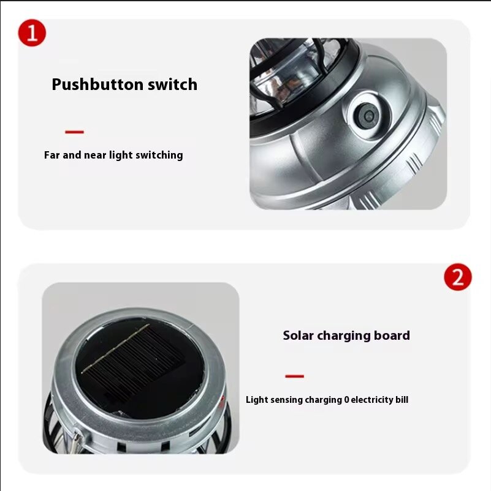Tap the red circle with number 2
click(457, 277)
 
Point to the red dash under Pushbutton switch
click(74, 132)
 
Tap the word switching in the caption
click(161, 156)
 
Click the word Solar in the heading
click(298, 335)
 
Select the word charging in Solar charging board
click(346, 336)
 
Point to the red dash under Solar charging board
click(294, 376)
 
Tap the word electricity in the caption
click(370, 400)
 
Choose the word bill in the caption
click(401, 400)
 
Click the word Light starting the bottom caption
click(256, 400)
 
